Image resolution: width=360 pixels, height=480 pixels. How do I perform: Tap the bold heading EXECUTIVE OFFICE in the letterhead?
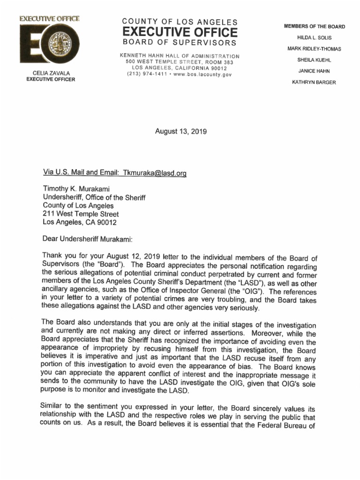(x=180, y=32)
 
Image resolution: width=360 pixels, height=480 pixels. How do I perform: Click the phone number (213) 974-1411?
(x=145, y=74)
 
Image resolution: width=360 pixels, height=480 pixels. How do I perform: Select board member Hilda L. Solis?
(x=314, y=37)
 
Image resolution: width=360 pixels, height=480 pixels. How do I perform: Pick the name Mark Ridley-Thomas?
(x=314, y=49)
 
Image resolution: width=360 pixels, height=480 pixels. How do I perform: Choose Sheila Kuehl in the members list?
(x=314, y=60)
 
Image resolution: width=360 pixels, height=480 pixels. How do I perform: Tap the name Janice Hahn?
(x=314, y=71)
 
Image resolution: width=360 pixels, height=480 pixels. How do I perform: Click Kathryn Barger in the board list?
(x=314, y=82)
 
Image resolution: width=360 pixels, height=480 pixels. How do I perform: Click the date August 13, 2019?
(x=180, y=132)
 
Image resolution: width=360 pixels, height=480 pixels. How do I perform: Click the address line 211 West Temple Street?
(x=81, y=214)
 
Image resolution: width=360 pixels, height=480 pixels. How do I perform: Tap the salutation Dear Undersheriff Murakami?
(x=88, y=239)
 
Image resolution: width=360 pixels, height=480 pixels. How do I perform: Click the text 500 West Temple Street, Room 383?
(x=180, y=62)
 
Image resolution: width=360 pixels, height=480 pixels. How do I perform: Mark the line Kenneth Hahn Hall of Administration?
(x=180, y=56)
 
